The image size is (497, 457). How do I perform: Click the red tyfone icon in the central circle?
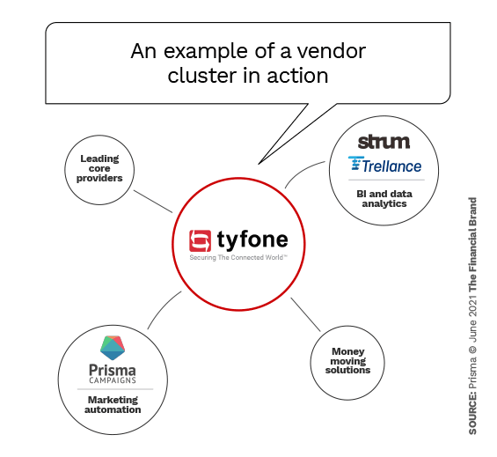[x=201, y=240]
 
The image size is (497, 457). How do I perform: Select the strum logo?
[x=384, y=142]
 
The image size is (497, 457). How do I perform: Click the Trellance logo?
[x=384, y=165]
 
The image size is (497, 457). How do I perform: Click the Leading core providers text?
[x=100, y=168]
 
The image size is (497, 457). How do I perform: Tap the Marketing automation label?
[x=112, y=404]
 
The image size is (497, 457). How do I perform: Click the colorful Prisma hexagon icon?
[x=113, y=346]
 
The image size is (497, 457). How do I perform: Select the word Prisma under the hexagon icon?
[x=112, y=369]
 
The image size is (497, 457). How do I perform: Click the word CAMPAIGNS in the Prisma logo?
[x=112, y=381]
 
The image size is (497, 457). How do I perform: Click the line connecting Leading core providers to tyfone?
[x=159, y=202]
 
